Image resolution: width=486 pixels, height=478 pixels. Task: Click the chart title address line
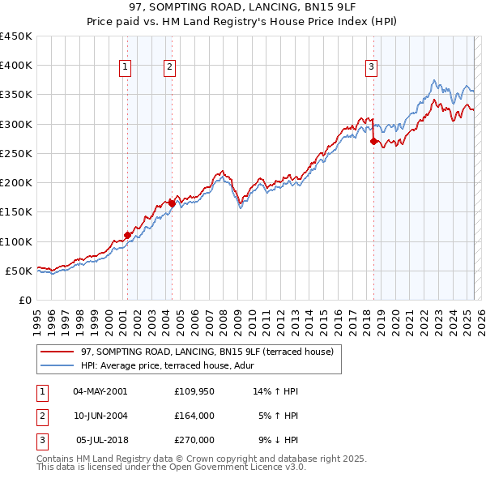tap(242, 7)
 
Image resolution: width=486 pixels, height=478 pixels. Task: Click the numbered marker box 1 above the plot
tap(126, 68)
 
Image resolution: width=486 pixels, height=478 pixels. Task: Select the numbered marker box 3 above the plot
tap(371, 68)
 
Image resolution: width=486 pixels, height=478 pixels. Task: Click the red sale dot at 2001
tap(127, 235)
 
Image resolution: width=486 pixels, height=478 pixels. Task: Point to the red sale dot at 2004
tap(171, 203)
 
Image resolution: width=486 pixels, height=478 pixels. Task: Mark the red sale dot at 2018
tap(373, 141)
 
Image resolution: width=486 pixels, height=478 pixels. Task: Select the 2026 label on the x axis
tap(479, 318)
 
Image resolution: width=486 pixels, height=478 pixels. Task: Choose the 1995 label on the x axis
tap(37, 318)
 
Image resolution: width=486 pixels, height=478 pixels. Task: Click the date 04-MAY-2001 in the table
tap(100, 391)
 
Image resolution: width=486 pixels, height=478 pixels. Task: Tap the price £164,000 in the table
tap(194, 416)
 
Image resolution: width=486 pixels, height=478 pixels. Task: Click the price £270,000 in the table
tap(194, 440)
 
